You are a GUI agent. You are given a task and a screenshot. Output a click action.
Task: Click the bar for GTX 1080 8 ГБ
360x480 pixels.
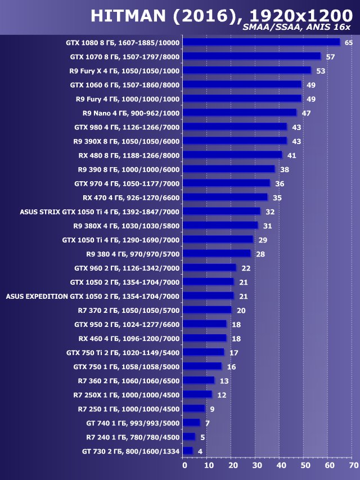pos(262,42)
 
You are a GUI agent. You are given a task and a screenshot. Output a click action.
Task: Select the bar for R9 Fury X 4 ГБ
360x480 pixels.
pos(247,70)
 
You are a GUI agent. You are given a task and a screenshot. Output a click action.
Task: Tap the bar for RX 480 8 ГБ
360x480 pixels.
pos(233,155)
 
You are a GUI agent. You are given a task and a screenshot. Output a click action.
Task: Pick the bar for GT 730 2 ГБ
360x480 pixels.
pos(188,451)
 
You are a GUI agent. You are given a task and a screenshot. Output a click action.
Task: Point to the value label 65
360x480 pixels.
pos(348,43)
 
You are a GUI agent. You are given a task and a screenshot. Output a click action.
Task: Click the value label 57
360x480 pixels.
pos(330,57)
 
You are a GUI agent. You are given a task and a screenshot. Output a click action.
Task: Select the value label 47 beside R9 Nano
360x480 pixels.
pos(307,113)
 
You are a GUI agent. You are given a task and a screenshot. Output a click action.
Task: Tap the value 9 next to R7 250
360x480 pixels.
pos(212,409)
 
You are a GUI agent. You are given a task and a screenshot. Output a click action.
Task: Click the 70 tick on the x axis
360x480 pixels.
pos(353,465)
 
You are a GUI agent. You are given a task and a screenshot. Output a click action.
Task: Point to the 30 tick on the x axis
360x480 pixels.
pos(256,465)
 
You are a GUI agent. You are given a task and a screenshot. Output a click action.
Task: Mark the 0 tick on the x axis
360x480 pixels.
pos(184,465)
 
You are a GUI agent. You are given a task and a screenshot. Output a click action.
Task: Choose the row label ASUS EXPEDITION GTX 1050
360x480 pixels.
pos(92,296)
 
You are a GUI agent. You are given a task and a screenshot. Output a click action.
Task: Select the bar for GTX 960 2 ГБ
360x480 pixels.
pos(210,268)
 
